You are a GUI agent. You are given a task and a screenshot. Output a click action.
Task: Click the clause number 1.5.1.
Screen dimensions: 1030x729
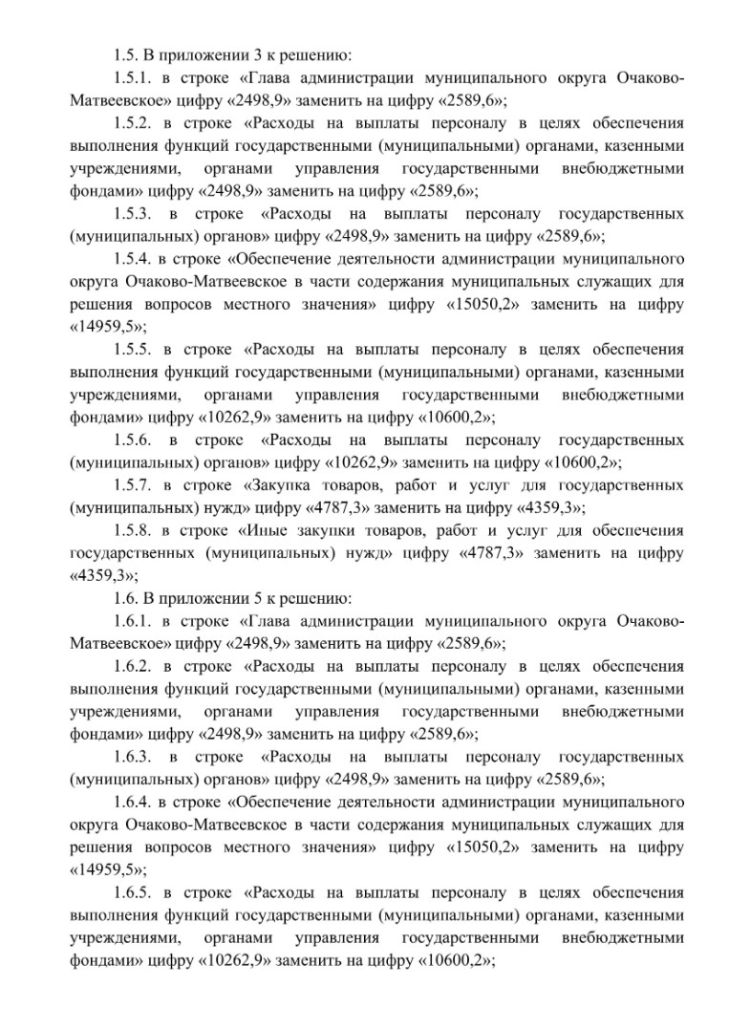coord(131,78)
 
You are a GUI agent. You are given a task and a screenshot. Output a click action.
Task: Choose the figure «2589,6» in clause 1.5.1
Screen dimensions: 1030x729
coord(466,99)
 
